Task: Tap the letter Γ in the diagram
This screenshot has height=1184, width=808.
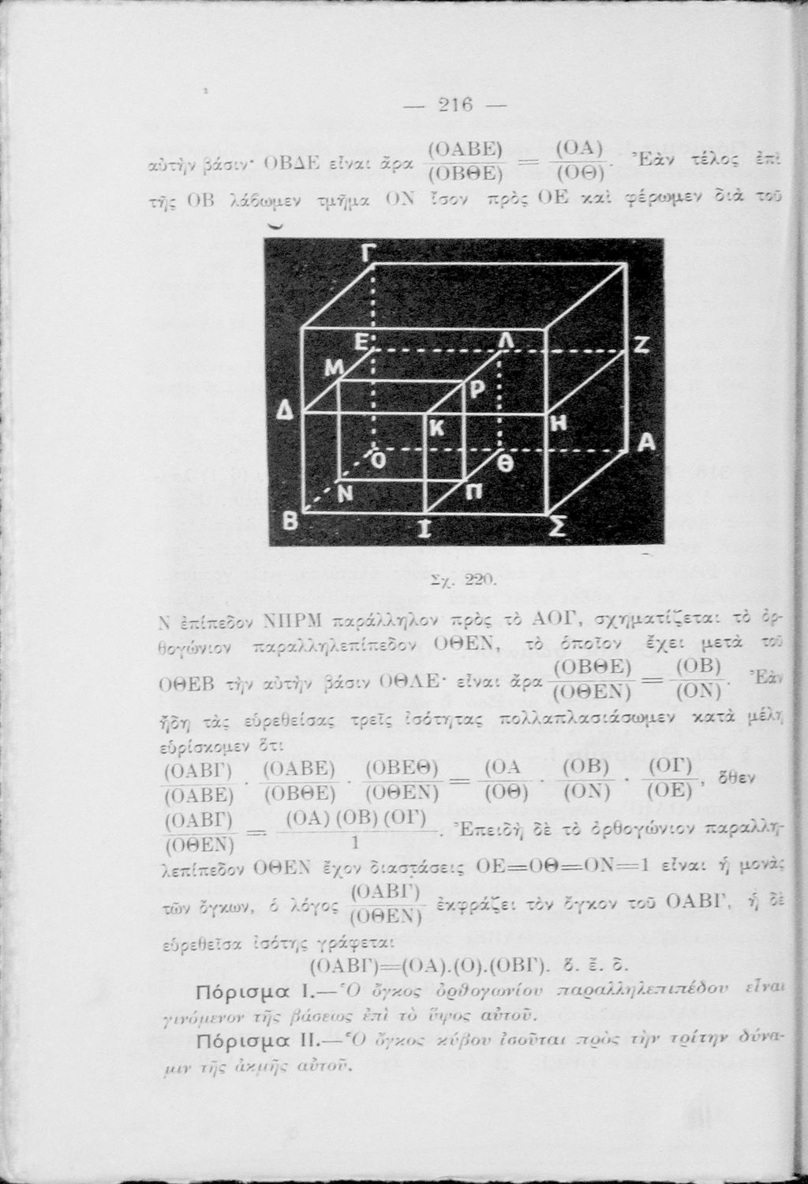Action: [x=368, y=254]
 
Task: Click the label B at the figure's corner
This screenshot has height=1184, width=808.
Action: [x=292, y=523]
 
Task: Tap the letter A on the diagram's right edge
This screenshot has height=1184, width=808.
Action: [x=646, y=444]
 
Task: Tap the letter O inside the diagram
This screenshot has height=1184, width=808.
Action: [x=378, y=460]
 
